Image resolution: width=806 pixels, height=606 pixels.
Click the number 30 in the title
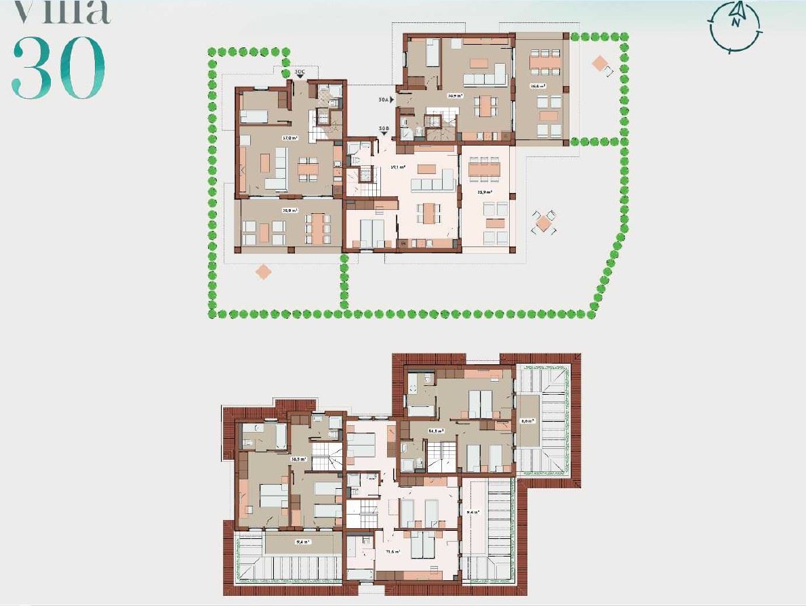[58, 68]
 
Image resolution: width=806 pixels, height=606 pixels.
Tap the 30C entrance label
[301, 71]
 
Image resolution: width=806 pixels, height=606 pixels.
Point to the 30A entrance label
[384, 100]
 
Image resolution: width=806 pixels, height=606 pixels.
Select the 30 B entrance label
[384, 128]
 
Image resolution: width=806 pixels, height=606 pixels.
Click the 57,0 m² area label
[290, 137]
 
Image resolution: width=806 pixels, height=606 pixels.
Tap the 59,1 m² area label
[398, 167]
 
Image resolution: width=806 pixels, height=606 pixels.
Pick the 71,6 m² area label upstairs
[392, 553]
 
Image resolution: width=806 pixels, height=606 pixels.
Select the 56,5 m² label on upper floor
[298, 458]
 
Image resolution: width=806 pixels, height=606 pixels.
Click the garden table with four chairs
[544, 221]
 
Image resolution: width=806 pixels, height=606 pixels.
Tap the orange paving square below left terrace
[263, 272]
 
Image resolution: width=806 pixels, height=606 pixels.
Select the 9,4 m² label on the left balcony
[302, 542]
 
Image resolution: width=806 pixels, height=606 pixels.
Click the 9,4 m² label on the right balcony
[472, 513]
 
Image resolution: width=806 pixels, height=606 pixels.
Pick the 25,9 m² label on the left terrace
[290, 210]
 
